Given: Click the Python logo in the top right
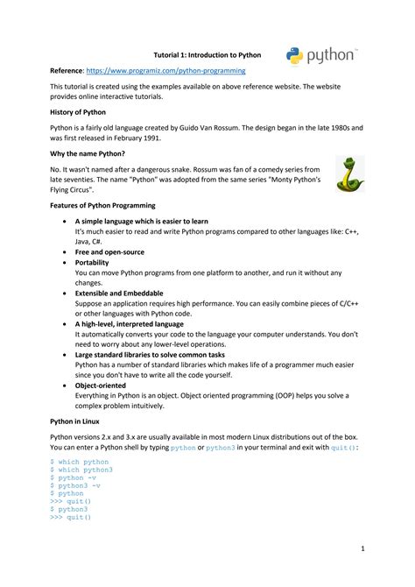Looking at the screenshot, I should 320,56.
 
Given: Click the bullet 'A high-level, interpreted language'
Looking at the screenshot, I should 129,323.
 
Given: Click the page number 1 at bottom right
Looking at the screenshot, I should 362,548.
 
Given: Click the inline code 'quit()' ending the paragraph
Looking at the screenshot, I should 341,447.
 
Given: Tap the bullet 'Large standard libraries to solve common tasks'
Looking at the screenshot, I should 150,354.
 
